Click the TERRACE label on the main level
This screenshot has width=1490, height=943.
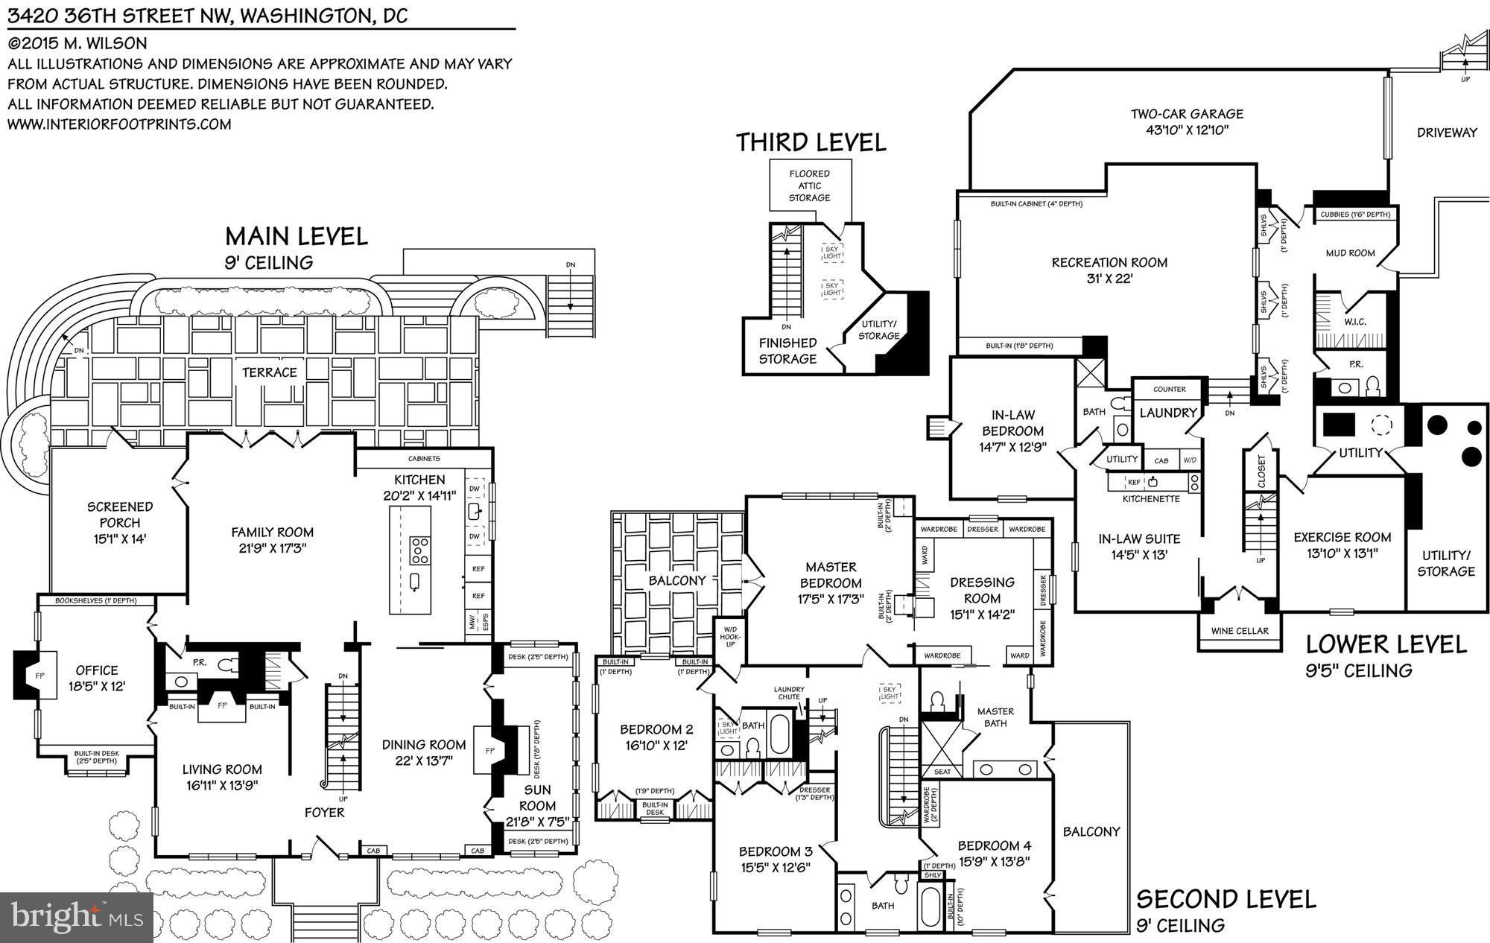[x=269, y=372]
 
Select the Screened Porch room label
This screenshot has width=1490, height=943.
[x=120, y=515]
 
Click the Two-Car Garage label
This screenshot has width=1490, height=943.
[x=1187, y=114]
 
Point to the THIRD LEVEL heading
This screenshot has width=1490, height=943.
[x=811, y=142]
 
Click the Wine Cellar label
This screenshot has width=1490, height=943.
[x=1240, y=631]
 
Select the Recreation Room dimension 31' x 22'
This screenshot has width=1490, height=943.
[x=1109, y=279]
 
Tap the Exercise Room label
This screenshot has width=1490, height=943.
[x=1342, y=537]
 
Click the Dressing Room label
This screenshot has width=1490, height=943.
[x=982, y=590]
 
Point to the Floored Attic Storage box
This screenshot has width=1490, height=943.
[x=809, y=185]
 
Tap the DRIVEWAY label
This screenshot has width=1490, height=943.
[x=1447, y=133]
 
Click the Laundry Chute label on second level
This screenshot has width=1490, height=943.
[x=789, y=693]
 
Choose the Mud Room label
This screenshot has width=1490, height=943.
[x=1350, y=253]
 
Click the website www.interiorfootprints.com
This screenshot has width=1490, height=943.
[x=119, y=124]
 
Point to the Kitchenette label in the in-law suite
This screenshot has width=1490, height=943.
[x=1151, y=499]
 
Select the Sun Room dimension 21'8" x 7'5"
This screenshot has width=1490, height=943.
[x=537, y=822]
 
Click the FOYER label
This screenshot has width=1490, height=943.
[x=324, y=813]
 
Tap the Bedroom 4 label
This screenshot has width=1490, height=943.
[x=994, y=845]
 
